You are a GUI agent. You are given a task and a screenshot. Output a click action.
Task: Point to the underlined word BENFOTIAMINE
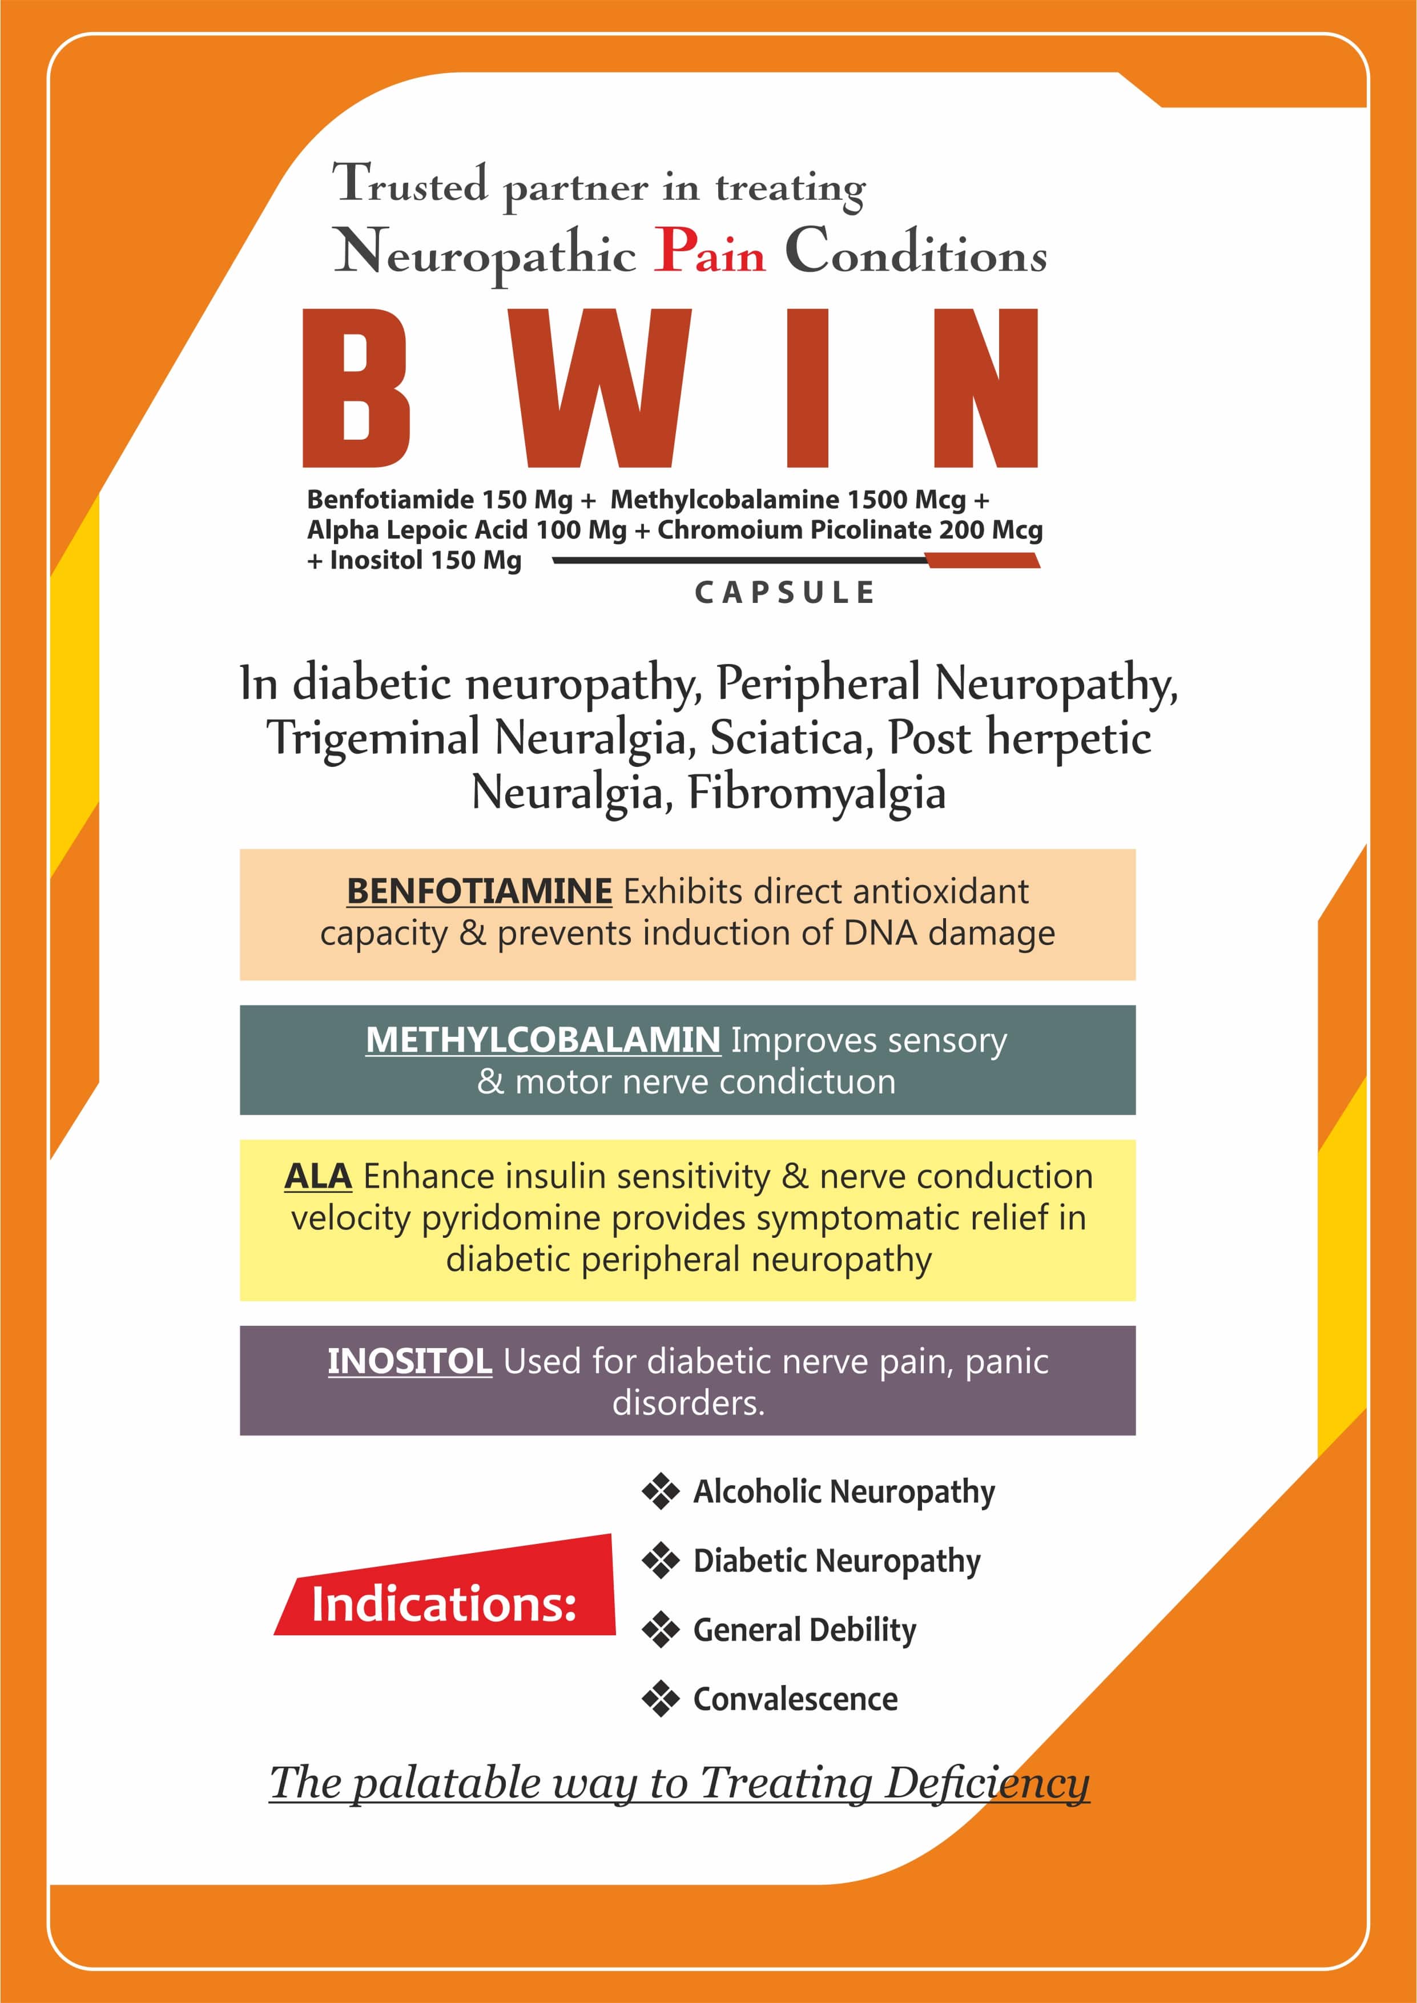pyautogui.click(x=479, y=891)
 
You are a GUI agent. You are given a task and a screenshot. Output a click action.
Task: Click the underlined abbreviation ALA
pyautogui.click(x=317, y=1176)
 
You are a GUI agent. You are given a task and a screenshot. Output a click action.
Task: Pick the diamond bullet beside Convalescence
pyautogui.click(x=661, y=1699)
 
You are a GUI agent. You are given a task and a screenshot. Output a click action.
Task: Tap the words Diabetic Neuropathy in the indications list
pyautogui.click(x=837, y=1562)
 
